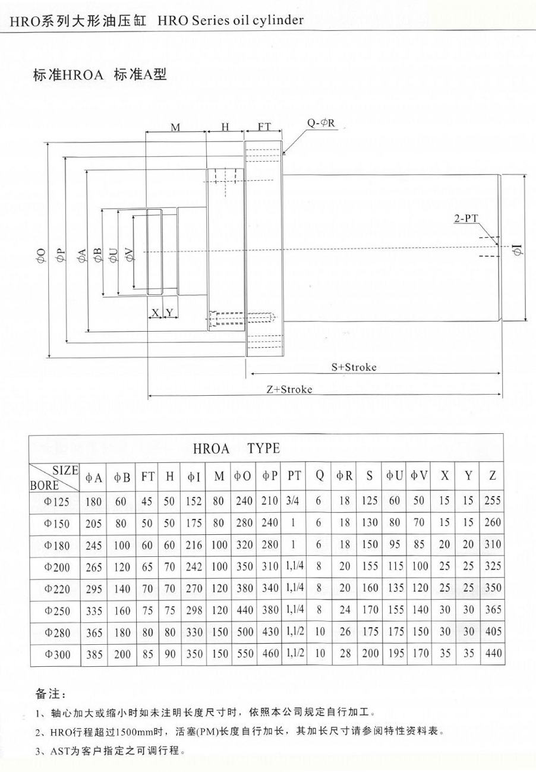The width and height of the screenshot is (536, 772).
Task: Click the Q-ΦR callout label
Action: tap(321, 124)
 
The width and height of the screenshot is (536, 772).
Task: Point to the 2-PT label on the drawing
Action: tap(466, 219)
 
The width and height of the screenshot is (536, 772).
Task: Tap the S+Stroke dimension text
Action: tap(354, 367)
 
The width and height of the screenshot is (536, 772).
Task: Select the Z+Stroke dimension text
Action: tap(289, 390)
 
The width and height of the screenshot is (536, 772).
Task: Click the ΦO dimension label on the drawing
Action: tap(40, 255)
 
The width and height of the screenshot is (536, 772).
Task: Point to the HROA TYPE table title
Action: tap(237, 448)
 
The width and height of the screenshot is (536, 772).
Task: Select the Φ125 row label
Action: tap(57, 502)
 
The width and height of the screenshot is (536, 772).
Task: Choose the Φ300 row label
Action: tap(57, 654)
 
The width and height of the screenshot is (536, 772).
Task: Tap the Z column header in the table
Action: tap(493, 475)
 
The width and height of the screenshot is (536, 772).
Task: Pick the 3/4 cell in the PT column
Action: tap(292, 501)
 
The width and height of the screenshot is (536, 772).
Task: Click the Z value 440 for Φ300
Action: tap(493, 654)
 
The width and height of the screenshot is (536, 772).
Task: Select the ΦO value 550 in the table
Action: tap(244, 654)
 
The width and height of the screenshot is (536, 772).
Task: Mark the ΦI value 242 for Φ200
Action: tap(194, 567)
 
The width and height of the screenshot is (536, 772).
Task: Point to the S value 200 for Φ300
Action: tap(370, 654)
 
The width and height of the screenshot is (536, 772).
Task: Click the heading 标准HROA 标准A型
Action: tap(100, 75)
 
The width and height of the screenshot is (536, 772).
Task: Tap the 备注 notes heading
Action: tap(52, 694)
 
